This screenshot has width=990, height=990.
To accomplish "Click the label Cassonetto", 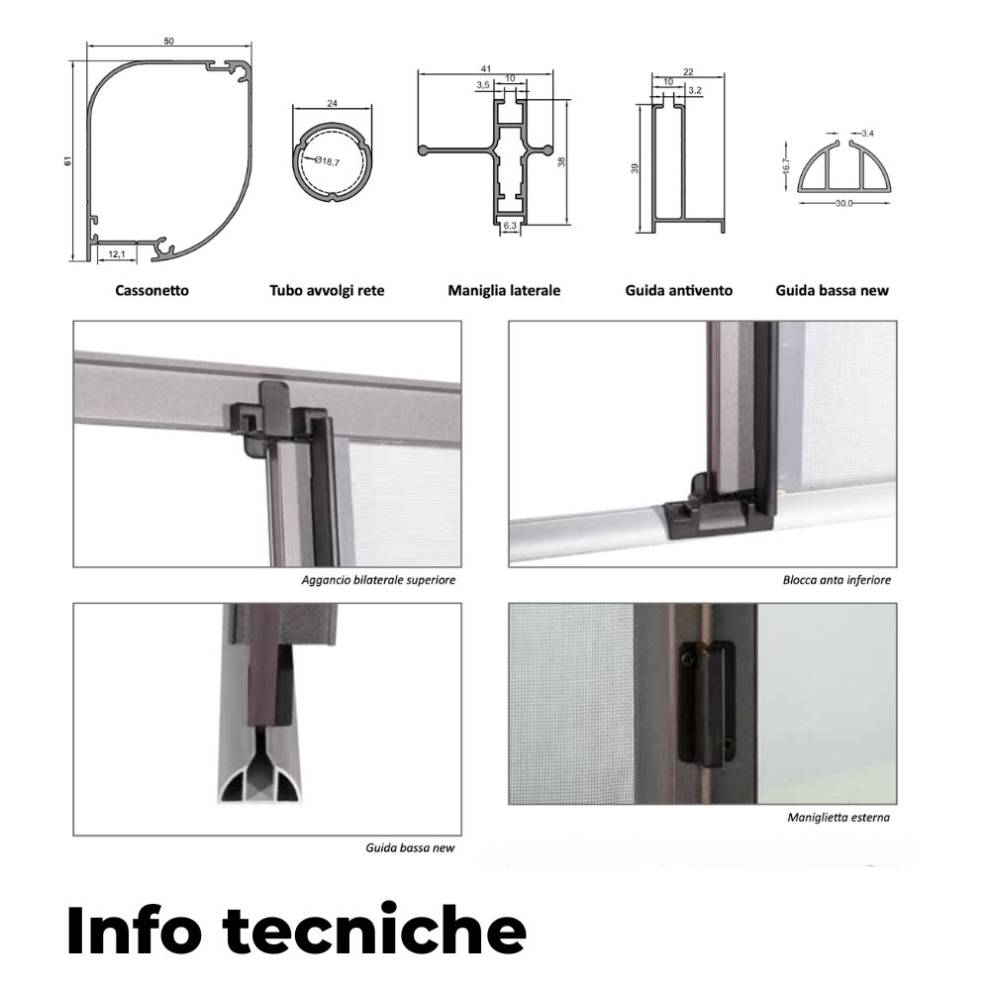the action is [x=151, y=290].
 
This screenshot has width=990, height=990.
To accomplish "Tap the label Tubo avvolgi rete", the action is [x=327, y=290].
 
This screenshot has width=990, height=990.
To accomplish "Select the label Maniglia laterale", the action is [x=504, y=290].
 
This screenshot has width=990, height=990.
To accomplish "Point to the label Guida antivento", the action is [x=679, y=290].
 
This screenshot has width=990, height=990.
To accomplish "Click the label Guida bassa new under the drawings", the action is [x=833, y=290].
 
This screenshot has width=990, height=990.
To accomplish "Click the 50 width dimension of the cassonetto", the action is [x=168, y=41].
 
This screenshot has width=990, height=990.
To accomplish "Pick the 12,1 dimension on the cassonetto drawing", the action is [x=117, y=253].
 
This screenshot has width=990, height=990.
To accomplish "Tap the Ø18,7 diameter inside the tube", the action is [x=327, y=161].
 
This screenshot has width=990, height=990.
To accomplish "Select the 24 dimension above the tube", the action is [x=332, y=103].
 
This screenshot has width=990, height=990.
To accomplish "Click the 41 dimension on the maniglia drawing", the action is [x=485, y=69].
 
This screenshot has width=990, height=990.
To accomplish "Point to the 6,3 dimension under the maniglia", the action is [x=510, y=225].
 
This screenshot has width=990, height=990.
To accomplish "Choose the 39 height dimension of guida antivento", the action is [x=636, y=168].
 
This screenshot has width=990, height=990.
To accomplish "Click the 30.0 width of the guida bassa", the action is [x=844, y=203].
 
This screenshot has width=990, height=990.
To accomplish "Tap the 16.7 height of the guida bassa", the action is [x=785, y=165].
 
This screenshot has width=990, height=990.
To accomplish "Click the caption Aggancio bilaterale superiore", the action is [x=378, y=580].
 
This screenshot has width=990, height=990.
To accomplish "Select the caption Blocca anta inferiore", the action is [x=837, y=580].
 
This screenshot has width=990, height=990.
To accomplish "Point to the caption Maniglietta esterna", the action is [x=839, y=818].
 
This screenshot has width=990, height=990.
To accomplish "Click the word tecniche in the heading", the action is [x=374, y=930].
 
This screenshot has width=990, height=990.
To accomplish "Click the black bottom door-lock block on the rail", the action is [x=719, y=515].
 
